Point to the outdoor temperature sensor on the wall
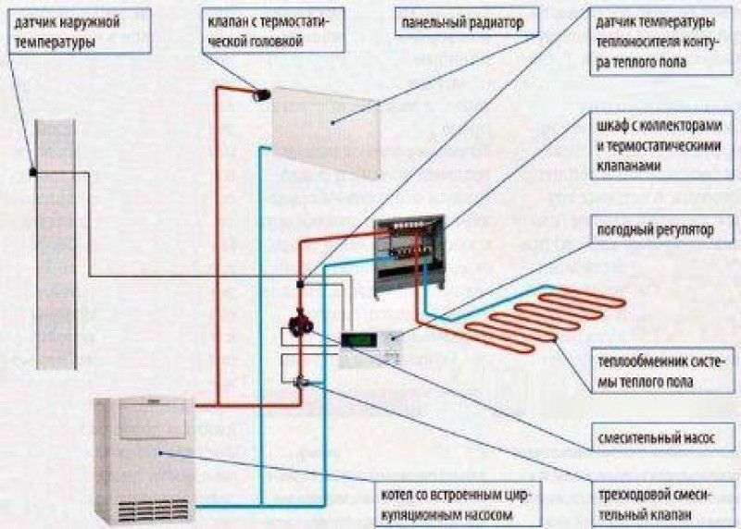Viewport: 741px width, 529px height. [33, 173]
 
